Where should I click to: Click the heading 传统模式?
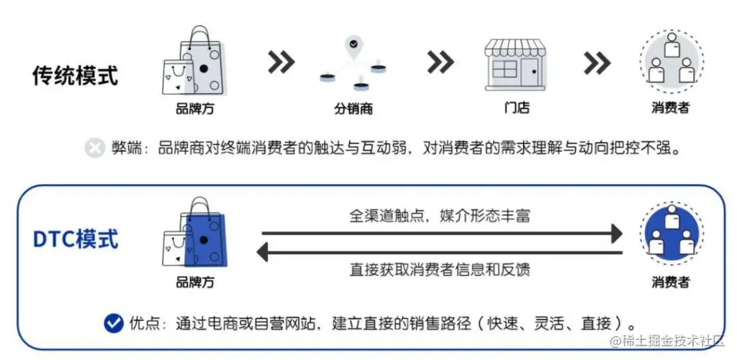pyautogui.click(x=75, y=76)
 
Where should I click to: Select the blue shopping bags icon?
pyautogui.click(x=194, y=235)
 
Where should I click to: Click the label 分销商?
pyautogui.click(x=353, y=109)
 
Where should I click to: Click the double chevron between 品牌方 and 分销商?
pyautogui.click(x=281, y=63)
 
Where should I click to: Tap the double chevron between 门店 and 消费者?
pyautogui.click(x=597, y=63)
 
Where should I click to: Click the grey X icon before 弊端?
pyautogui.click(x=95, y=149)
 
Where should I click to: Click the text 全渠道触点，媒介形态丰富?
pyautogui.click(x=440, y=215)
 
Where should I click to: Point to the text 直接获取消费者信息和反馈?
pyautogui.click(x=440, y=270)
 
